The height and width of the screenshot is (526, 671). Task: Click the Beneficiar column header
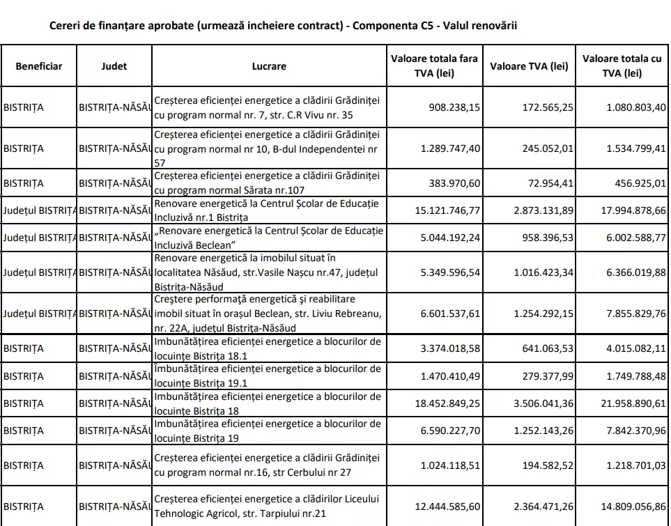(39, 66)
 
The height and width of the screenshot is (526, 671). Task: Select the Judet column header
(114, 66)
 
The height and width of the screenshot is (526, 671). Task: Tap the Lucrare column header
(268, 66)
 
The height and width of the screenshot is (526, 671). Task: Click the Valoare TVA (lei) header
(529, 66)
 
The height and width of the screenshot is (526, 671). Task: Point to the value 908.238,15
(451, 108)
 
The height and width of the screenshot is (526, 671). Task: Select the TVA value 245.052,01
(546, 148)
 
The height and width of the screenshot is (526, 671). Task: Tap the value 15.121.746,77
(445, 210)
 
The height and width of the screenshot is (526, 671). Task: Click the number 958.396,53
(546, 238)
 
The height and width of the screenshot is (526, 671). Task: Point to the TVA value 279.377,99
(546, 376)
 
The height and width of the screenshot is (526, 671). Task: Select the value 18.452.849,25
(445, 403)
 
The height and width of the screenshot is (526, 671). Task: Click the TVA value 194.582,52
(546, 465)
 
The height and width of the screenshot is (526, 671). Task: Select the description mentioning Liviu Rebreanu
(268, 314)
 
